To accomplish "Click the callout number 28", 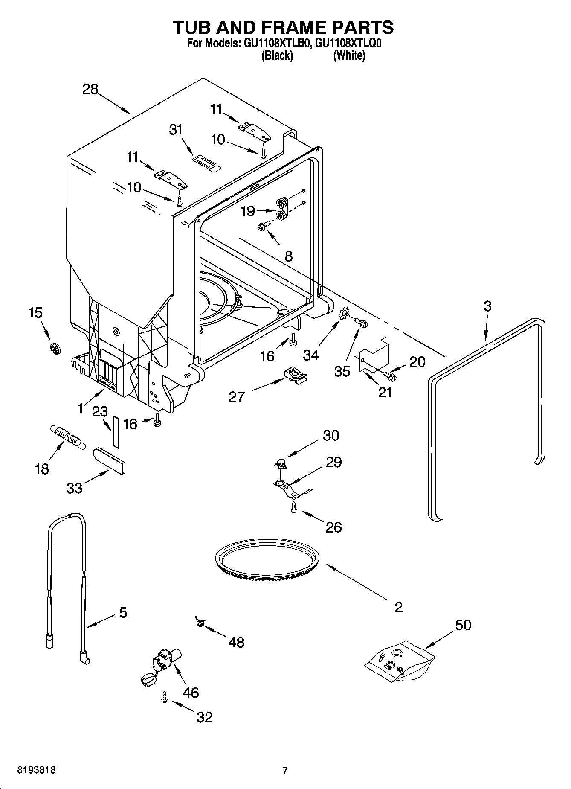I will point(90,90).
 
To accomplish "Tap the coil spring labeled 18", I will point(67,436).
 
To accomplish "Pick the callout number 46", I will point(191,692).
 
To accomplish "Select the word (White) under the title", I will point(349,55).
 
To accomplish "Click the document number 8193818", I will point(36,770).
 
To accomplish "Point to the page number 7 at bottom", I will point(284,770).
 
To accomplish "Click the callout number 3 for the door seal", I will point(487,306).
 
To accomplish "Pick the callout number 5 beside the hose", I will point(123,613).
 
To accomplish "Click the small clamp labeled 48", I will point(199,623).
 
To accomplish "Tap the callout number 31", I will point(176,129).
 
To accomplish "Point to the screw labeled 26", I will point(293,507).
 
